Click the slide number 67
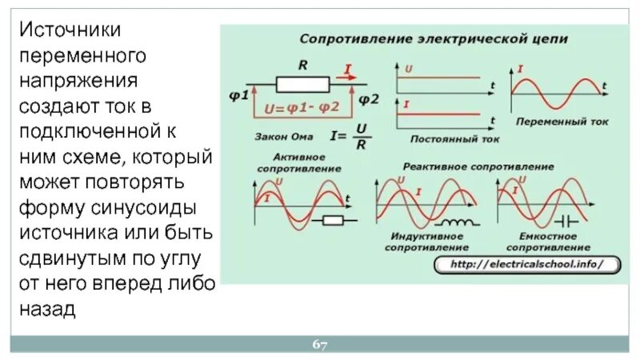click(320, 345)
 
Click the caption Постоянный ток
click(454, 138)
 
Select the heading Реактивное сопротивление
click(478, 166)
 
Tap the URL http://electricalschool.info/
click(524, 263)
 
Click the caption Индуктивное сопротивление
click(424, 242)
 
